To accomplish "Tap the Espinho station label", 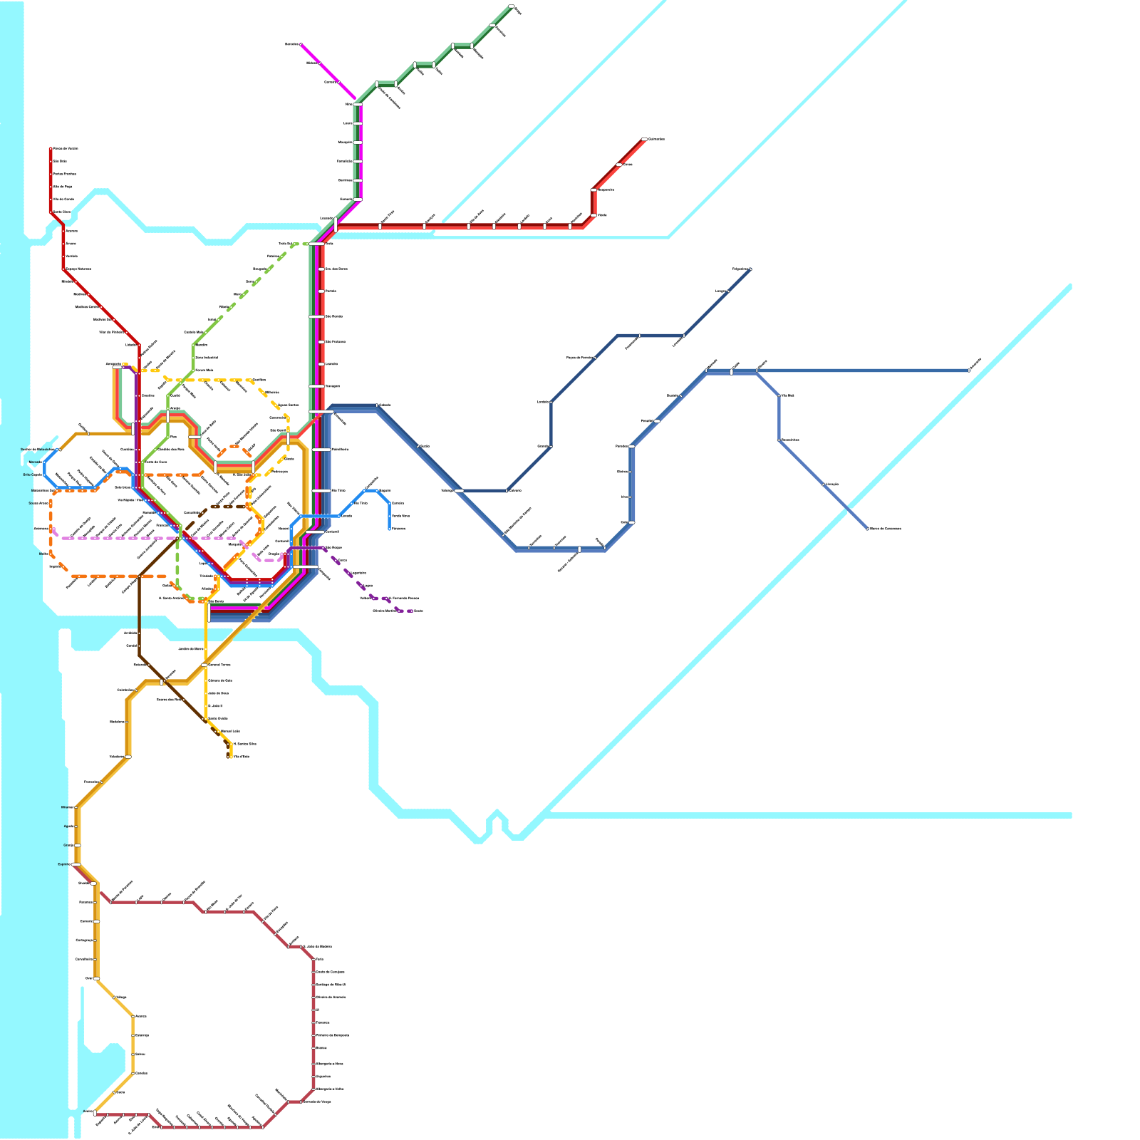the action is click(x=64, y=864).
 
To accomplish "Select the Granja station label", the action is click(x=68, y=845).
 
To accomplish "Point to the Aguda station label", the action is click(x=68, y=826).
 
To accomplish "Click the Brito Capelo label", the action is click(x=33, y=475).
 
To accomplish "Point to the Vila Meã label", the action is click(x=787, y=395).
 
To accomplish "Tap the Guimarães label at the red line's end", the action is click(x=655, y=139).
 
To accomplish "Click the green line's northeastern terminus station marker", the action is click(x=512, y=7).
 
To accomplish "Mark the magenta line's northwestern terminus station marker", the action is click(x=301, y=44).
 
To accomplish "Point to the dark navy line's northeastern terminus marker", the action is click(x=750, y=269).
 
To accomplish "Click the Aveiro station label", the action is click(x=88, y=1111).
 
